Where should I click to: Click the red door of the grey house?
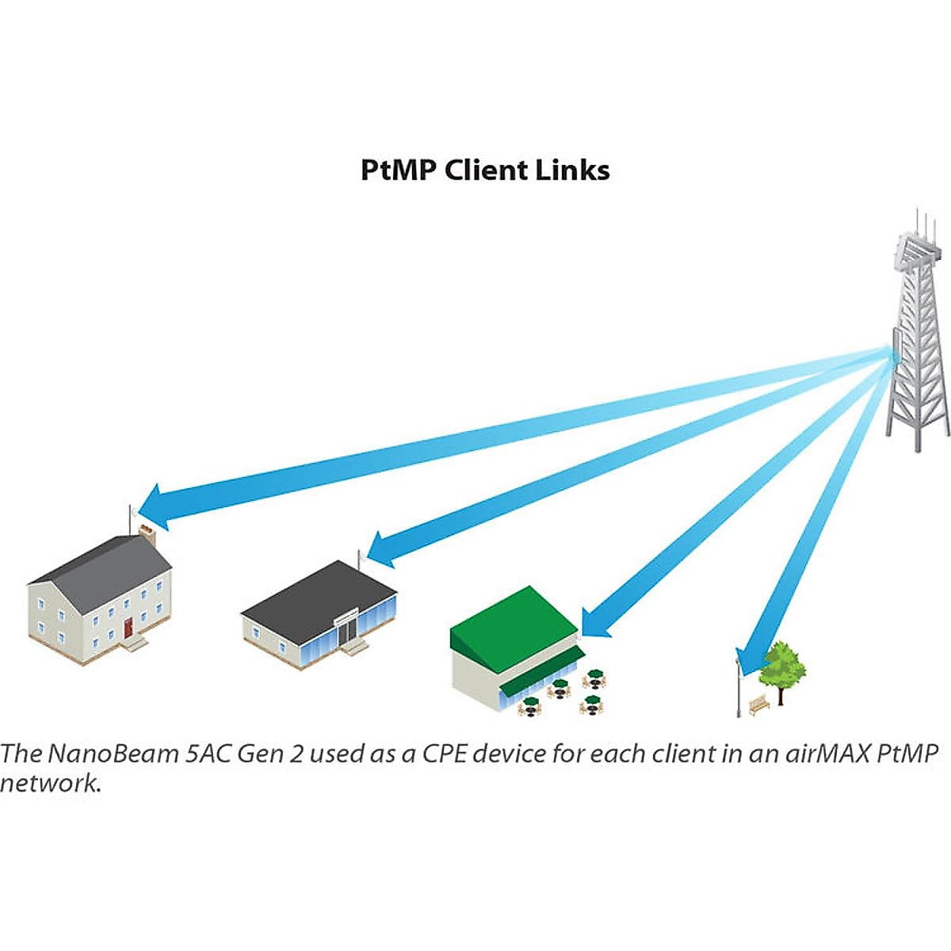click(128, 628)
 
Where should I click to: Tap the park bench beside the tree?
click(759, 704)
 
